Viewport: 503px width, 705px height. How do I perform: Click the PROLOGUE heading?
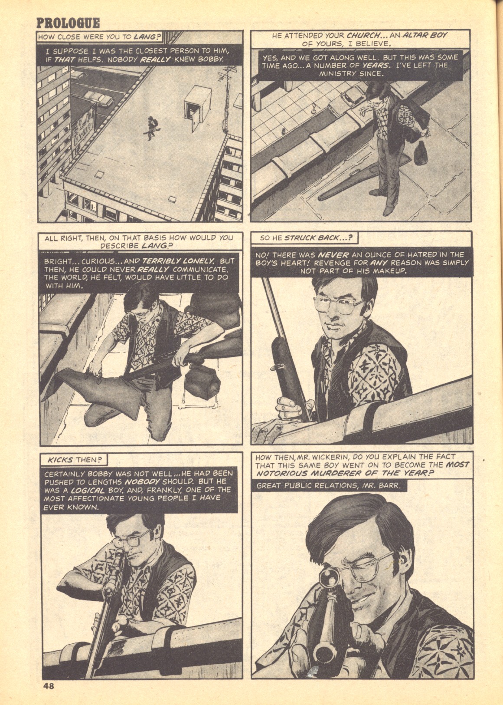tap(69, 23)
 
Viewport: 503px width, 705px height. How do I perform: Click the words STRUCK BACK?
tap(317, 238)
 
